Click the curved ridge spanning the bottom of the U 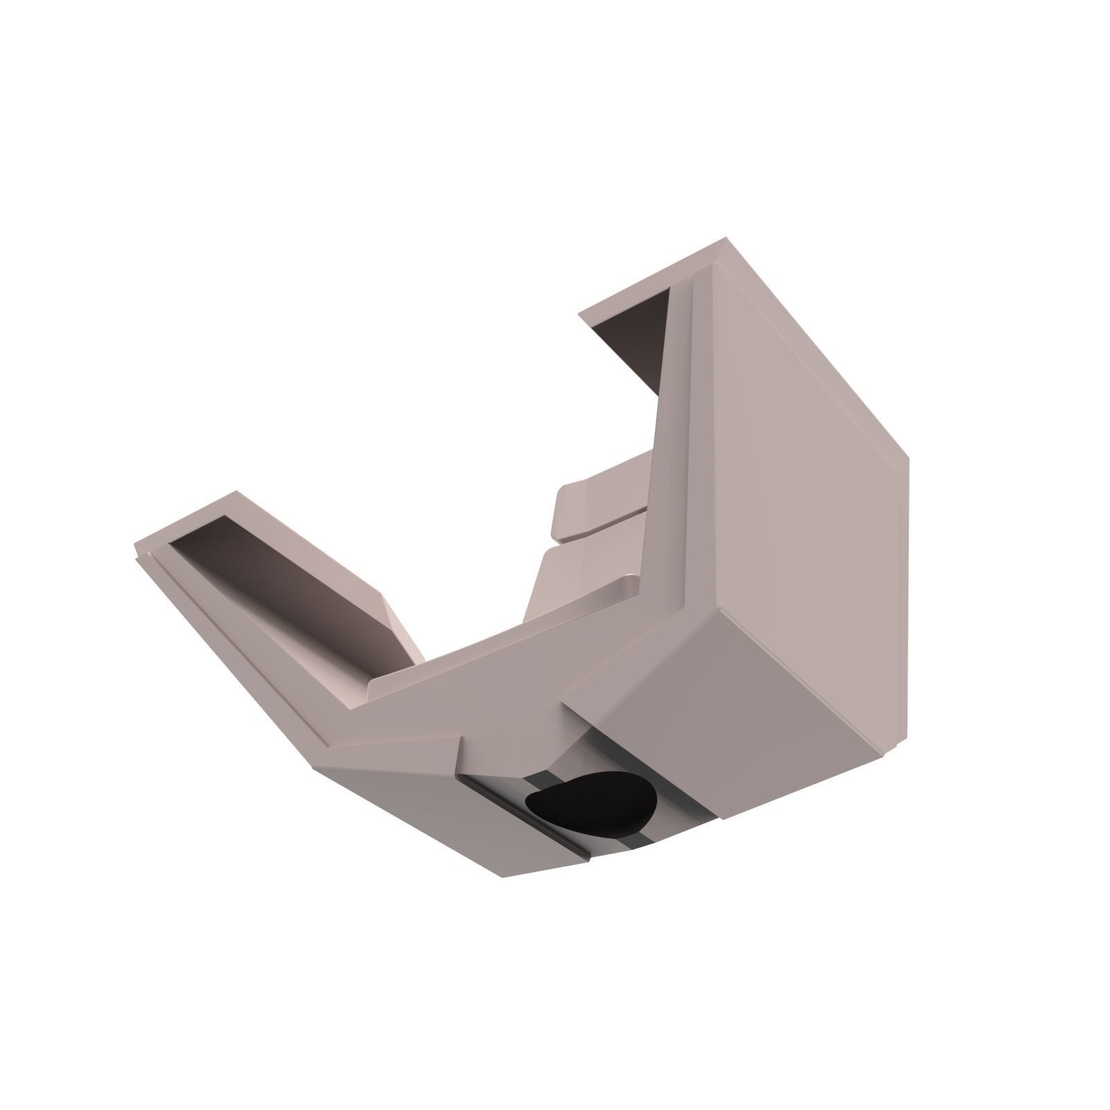[506, 638]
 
